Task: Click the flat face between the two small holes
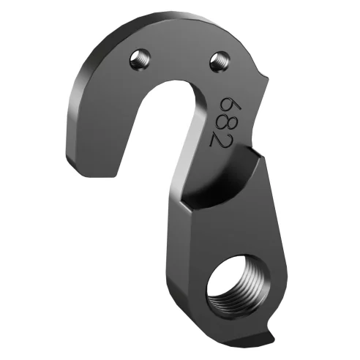pyautogui.click(x=179, y=55)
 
